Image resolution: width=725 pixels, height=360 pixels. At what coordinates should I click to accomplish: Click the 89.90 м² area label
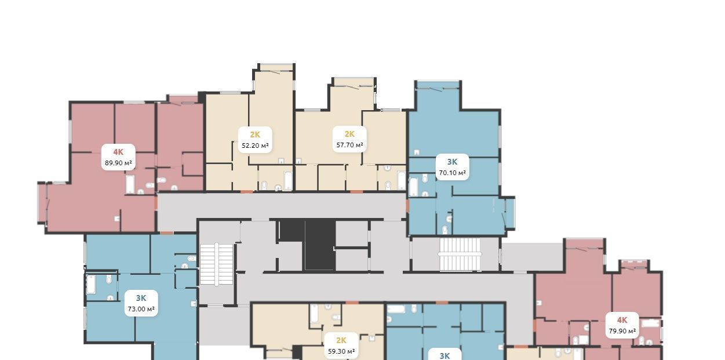coord(118,163)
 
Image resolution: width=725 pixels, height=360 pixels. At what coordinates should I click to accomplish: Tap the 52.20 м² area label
coord(255,146)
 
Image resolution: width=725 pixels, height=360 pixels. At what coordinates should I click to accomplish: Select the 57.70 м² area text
coord(349,145)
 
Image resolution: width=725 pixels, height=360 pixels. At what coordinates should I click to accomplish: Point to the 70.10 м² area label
coord(452,173)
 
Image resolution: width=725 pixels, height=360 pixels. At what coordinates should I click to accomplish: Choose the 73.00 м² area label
coord(141,309)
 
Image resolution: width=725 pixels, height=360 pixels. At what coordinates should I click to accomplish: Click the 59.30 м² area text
coord(341,351)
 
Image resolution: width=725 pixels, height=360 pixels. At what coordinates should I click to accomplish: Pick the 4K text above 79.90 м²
coord(622,320)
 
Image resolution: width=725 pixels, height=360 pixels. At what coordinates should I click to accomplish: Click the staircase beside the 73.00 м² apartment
coord(217,264)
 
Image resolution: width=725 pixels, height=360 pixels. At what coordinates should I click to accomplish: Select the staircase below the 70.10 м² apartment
coord(460,254)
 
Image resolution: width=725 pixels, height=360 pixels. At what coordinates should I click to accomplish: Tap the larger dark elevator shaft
coord(320,245)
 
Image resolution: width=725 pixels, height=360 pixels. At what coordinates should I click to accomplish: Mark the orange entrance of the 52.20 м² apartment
coord(247,192)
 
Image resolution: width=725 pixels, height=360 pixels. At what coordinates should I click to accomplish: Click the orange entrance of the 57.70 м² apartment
coord(356,192)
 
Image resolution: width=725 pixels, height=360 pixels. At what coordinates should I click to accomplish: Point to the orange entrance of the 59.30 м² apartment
coord(352,303)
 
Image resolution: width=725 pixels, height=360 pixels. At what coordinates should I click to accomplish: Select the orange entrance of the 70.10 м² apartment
coord(407,206)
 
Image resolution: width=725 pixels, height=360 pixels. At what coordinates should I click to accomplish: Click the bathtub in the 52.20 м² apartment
coord(288,181)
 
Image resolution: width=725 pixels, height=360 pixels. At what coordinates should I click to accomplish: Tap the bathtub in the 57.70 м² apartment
coord(402,180)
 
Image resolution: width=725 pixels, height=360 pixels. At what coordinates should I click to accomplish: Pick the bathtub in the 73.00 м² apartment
coord(91,285)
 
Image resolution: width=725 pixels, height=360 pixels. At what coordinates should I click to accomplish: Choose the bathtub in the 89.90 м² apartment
coord(130,184)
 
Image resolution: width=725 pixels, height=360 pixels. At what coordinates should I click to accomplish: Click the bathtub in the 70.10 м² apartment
coord(413,187)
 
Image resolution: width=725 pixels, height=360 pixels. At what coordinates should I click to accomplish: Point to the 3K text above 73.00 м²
coord(141,298)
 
